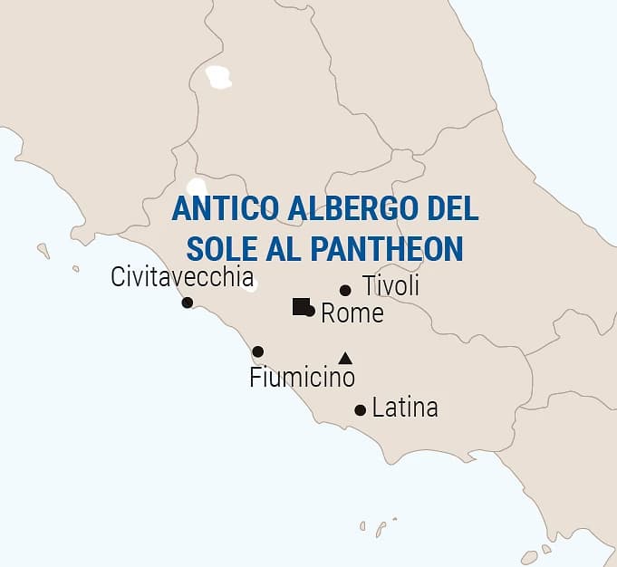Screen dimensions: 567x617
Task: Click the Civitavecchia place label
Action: (x=182, y=277)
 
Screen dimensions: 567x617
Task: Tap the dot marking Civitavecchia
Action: (x=188, y=303)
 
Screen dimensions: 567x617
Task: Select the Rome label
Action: (x=352, y=314)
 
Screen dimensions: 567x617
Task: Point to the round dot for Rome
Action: (x=310, y=311)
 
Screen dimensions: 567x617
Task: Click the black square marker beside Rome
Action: (x=301, y=306)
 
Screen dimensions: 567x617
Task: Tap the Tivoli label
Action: (x=390, y=286)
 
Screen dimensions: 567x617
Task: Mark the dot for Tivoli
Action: (x=345, y=291)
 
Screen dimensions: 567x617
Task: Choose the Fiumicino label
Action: (x=302, y=377)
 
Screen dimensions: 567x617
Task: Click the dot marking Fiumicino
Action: (x=258, y=351)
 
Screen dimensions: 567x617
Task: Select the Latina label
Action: (x=405, y=408)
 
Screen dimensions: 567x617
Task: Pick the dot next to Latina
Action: (x=360, y=410)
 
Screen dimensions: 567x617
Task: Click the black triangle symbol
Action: (x=344, y=358)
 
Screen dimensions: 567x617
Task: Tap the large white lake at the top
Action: (x=217, y=78)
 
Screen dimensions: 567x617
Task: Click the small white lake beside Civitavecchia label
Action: (x=253, y=285)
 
